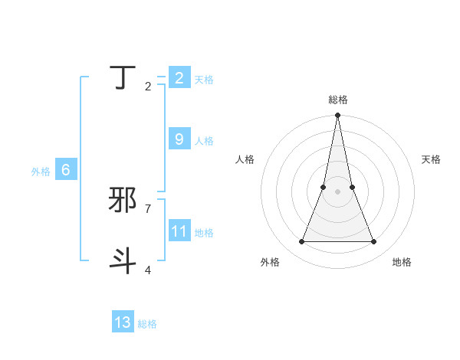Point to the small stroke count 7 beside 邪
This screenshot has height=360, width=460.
tap(148, 208)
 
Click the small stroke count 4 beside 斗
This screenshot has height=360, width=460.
tap(148, 270)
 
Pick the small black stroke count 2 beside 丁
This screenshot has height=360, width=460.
tap(148, 87)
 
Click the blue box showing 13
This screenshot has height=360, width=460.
tap(123, 322)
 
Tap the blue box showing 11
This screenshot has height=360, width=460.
tap(179, 231)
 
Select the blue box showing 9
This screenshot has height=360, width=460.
tap(179, 139)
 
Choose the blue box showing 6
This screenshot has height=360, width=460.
tap(66, 170)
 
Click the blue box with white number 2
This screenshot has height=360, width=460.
tap(179, 78)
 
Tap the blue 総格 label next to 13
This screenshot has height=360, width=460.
tap(147, 324)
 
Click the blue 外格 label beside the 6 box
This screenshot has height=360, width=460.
tap(41, 172)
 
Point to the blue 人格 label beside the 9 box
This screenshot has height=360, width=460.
tap(204, 141)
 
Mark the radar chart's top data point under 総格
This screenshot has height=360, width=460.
tap(337, 116)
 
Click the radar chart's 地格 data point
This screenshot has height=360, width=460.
tap(374, 242)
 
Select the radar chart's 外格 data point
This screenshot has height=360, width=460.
tap(301, 242)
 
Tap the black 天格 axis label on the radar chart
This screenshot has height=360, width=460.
tap(431, 159)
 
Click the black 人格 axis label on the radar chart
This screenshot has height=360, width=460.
tap(245, 159)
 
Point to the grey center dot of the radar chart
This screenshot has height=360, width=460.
tap(337, 191)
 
